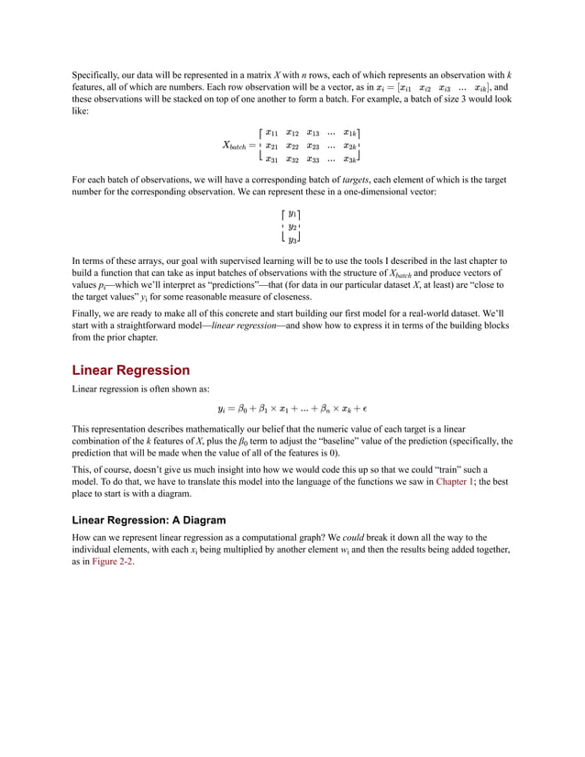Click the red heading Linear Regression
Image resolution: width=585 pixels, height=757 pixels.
coord(131,370)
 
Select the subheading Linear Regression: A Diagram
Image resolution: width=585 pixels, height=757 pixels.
coord(149,520)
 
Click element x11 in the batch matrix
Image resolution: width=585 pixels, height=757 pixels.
coord(271,132)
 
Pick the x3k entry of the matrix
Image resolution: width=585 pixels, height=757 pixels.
coord(350,158)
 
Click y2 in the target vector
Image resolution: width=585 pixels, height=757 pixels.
coord(292,226)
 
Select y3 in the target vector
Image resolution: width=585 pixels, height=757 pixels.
coord(292,239)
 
